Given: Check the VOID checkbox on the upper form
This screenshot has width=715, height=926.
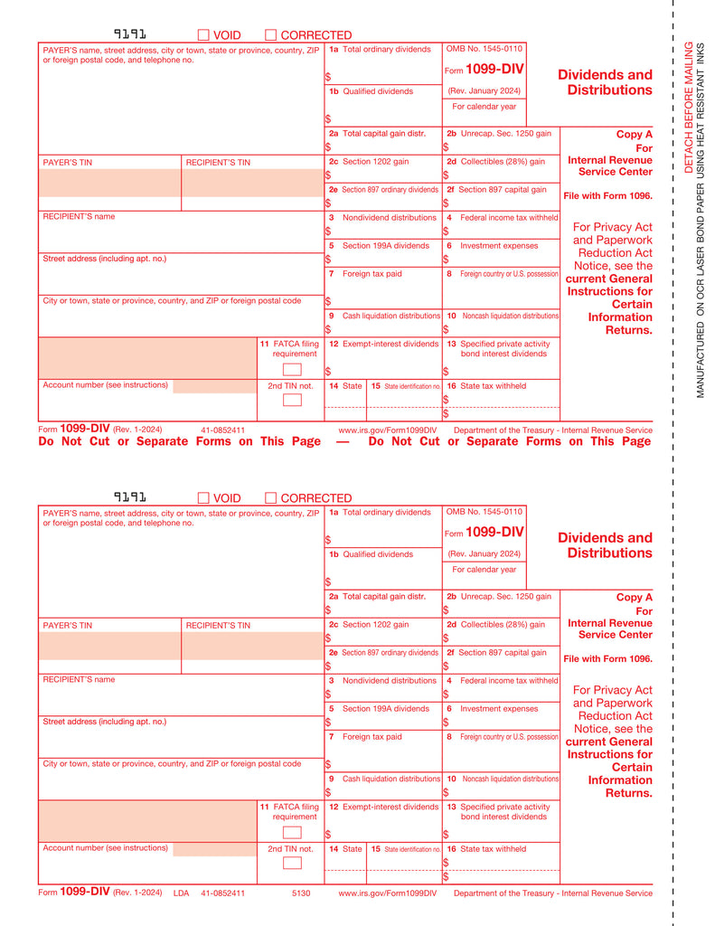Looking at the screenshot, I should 203,35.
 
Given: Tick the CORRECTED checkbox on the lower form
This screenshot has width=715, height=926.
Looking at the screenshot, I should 270,498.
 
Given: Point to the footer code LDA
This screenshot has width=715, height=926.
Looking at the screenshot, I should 181,893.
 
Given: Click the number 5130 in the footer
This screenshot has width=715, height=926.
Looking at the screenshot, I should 301,893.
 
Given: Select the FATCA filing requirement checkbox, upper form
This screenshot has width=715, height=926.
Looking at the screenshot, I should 292,369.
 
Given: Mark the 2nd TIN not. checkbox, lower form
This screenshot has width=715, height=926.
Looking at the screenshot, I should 292,863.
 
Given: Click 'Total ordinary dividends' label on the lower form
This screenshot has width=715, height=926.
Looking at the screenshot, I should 387,513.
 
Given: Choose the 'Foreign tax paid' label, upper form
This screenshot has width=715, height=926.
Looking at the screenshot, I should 372,273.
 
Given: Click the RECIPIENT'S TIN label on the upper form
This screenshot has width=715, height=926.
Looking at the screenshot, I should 218,163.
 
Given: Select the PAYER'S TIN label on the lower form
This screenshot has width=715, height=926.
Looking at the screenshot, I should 68,626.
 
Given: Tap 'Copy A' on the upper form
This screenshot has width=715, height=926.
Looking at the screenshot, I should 634,134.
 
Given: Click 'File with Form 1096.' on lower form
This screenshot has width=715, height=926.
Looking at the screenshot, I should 607,658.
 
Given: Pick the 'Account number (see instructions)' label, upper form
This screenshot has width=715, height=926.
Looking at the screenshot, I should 106,385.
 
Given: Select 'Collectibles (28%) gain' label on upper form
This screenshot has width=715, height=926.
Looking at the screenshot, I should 502,162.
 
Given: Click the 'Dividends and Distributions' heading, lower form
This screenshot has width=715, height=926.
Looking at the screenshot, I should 605,545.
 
